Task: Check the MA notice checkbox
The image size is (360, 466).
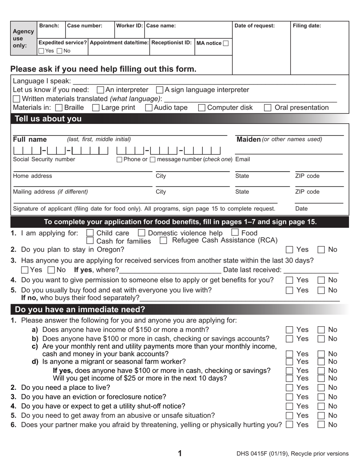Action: click(226, 43)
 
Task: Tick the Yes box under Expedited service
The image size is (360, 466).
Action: click(41, 51)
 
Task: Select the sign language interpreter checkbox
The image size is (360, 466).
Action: click(160, 90)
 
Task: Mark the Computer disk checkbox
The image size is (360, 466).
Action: click(202, 108)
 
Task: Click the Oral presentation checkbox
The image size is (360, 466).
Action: click(268, 108)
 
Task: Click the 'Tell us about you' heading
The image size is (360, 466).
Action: click(48, 119)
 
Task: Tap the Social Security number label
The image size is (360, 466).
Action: click(44, 159)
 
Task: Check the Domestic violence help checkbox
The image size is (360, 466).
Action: click(141, 233)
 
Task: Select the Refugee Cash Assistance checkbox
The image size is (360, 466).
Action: click(163, 240)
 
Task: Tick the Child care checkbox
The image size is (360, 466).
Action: click(90, 233)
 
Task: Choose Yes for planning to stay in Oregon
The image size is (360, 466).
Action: click(290, 250)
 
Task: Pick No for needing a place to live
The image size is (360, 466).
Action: click(321, 388)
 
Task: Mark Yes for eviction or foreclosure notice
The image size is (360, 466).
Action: click(290, 397)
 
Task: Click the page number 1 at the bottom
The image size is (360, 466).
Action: click(180, 453)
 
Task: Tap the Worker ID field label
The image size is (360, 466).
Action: click(129, 26)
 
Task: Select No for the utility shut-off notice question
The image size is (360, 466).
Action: click(321, 406)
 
